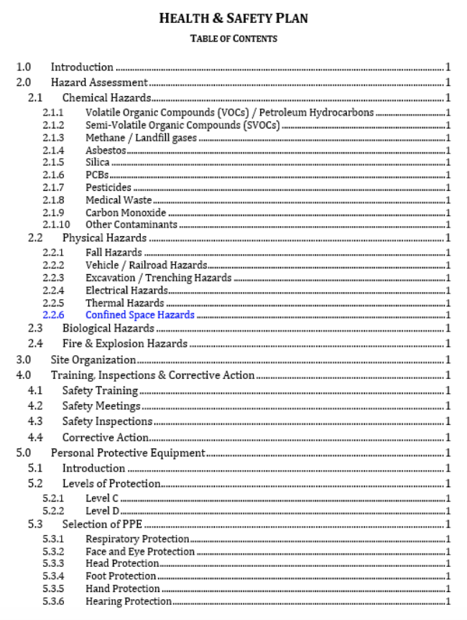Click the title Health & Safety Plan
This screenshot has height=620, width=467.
[233, 18]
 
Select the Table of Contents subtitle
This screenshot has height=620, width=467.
[233, 39]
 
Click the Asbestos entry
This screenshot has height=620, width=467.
[106, 150]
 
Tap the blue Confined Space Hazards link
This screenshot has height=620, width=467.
[139, 315]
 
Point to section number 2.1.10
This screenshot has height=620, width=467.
[55, 225]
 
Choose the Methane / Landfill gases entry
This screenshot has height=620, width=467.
[141, 138]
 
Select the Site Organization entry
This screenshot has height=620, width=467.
[93, 360]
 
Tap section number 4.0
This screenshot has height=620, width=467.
[24, 375]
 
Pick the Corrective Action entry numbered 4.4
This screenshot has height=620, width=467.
[105, 437]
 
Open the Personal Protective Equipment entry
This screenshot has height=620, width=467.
[128, 453]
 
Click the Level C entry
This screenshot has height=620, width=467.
[102, 499]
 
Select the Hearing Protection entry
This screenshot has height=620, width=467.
[129, 601]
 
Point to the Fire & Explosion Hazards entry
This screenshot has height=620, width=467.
[124, 344]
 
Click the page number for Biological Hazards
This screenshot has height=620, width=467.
[448, 328]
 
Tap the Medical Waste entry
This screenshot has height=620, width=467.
[119, 200]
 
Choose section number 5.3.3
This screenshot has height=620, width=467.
[52, 563]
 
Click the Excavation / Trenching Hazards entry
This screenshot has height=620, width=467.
[158, 278]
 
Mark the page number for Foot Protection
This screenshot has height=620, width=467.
[448, 576]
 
